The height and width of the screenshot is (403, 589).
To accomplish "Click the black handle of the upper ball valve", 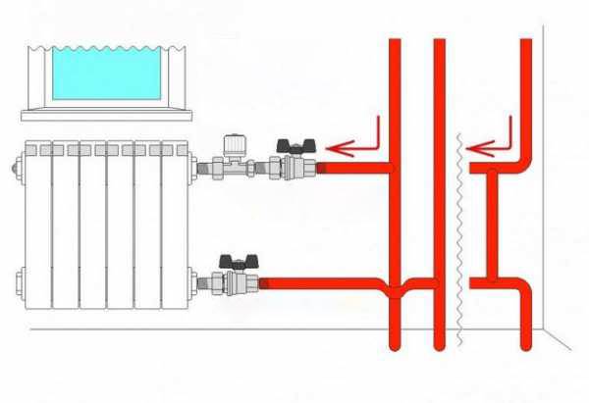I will point(294,145).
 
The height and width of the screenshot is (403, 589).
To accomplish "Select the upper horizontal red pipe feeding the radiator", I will point(353,170).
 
